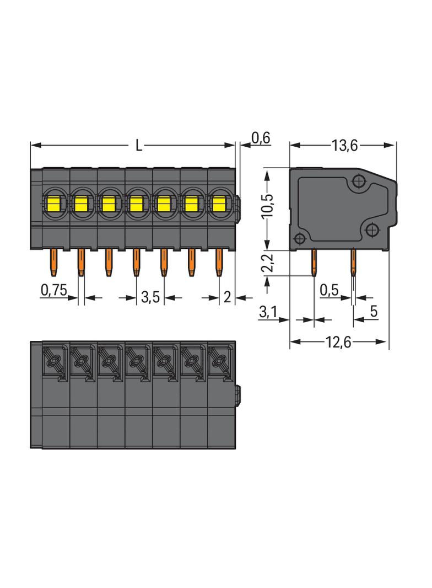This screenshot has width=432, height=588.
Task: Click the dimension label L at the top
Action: (x=139, y=146)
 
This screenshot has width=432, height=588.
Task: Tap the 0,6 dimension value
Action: (x=261, y=137)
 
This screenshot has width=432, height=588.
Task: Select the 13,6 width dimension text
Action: (x=345, y=146)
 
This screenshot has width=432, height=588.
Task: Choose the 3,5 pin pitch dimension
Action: (x=150, y=298)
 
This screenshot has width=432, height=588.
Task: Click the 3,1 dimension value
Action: (x=268, y=312)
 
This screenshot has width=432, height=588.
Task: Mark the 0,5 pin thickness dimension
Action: (x=329, y=290)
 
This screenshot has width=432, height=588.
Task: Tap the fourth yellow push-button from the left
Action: (x=136, y=205)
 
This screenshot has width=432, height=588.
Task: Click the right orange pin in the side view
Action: (x=353, y=264)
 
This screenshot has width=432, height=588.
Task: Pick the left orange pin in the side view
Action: (x=314, y=263)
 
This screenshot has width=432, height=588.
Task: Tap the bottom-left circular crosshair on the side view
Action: (x=300, y=239)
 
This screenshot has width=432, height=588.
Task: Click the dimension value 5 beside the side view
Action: (x=374, y=312)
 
